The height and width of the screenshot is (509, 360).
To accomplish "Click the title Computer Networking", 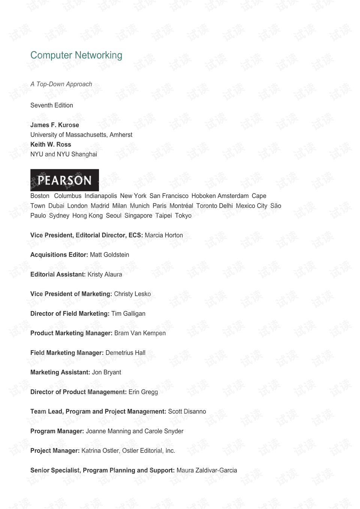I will click(x=76, y=55).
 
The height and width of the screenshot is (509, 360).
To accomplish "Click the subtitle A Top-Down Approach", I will click(x=61, y=84).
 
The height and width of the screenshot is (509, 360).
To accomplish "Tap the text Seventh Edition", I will click(x=52, y=105).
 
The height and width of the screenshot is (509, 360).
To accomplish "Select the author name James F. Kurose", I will click(x=55, y=125).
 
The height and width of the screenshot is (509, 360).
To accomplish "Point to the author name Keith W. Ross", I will click(x=51, y=144).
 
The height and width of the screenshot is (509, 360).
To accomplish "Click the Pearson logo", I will click(x=64, y=180).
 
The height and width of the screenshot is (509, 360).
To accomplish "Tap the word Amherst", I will click(x=121, y=135).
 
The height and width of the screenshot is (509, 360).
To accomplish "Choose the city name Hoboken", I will click(x=203, y=196).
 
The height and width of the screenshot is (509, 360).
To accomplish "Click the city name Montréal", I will click(x=181, y=206).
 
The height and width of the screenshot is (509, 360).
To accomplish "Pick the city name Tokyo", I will click(x=183, y=216).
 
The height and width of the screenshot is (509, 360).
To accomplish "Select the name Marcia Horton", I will click(x=164, y=235).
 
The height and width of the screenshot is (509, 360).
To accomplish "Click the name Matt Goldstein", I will click(x=109, y=255).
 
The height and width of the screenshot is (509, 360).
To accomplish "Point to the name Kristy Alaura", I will click(x=105, y=275).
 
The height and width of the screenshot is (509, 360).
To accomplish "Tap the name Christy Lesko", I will click(x=132, y=294).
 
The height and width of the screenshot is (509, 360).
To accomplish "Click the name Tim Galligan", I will click(x=128, y=314).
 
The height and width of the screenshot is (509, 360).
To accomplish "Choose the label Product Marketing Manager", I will click(x=71, y=333).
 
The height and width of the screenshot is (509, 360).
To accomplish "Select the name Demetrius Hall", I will click(x=125, y=353).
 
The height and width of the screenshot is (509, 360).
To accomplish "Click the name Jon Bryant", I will click(x=106, y=372).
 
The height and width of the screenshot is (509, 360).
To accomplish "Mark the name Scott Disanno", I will click(x=187, y=411).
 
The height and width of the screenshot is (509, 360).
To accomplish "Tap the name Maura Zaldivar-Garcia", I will click(x=207, y=470).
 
